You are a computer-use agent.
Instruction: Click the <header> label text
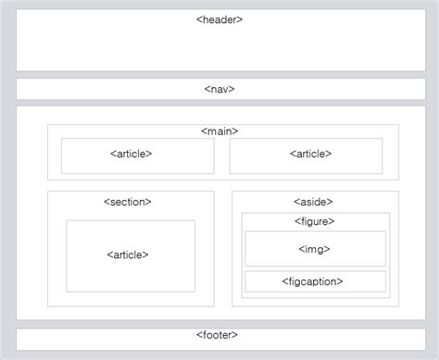pos(219,19)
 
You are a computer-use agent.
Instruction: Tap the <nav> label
pos(219,89)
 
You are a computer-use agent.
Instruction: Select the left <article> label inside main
pos(131,154)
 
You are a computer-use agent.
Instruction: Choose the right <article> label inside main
pos(309,154)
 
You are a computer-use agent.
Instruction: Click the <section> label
pos(127,201)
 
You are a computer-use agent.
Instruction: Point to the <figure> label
pos(314,221)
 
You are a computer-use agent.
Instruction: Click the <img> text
pos(314,249)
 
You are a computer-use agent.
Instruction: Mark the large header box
pos(219,46)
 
